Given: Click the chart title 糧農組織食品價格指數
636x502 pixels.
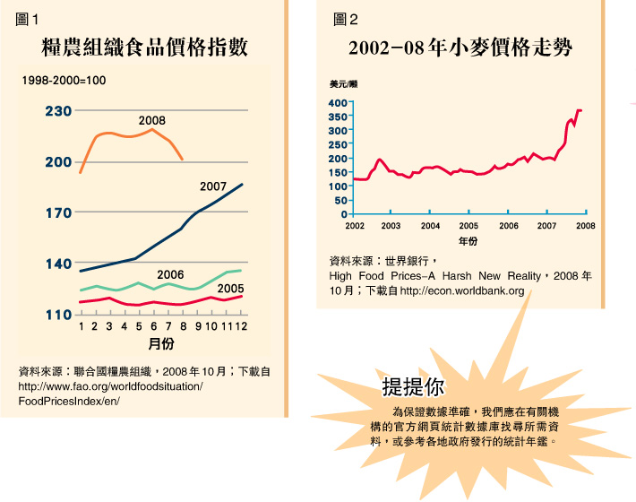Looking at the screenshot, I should (144, 48).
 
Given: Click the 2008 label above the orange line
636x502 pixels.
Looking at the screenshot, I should (151, 120).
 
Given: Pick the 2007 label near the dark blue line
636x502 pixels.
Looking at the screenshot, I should (213, 186).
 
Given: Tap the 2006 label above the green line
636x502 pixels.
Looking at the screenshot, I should (170, 274).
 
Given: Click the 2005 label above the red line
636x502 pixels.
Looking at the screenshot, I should (231, 288).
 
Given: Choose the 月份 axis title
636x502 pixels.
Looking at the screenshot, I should (160, 344).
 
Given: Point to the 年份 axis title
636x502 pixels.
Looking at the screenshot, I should (468, 241).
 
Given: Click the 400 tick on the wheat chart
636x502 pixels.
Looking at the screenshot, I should (336, 103).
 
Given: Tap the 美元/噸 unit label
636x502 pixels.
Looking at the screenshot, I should (345, 84).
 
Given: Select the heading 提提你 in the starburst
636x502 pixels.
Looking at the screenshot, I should (412, 387).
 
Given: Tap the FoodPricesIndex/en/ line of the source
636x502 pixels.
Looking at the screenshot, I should (68, 401).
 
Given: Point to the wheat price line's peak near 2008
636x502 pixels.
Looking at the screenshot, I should (579, 110).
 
